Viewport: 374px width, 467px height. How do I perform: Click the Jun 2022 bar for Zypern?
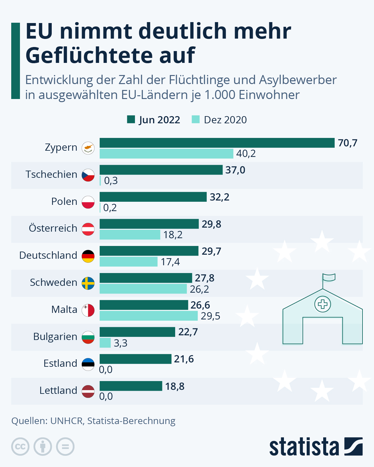click(217, 143)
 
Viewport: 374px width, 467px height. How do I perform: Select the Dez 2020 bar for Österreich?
click(130, 235)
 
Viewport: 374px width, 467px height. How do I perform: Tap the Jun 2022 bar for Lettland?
click(131, 386)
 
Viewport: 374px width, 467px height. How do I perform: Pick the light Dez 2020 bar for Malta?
click(149, 316)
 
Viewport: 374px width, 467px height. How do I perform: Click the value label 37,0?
click(235, 170)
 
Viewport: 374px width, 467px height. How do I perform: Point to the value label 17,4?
click(170, 262)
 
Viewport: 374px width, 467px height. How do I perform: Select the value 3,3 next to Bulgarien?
click(121, 343)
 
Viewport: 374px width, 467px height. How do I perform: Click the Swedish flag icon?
click(88, 283)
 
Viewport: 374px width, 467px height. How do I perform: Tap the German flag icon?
click(88, 256)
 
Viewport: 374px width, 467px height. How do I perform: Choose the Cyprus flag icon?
click(88, 148)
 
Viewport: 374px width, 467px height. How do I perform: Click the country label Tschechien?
click(51, 174)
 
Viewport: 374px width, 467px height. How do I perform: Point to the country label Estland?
click(60, 363)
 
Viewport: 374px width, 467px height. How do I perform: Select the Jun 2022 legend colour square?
click(131, 120)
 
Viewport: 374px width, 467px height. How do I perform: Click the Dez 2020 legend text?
click(225, 120)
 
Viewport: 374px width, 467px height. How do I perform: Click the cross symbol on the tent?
click(323, 304)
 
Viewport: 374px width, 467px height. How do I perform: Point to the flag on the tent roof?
click(329, 277)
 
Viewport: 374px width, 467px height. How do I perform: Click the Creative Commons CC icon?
click(20, 447)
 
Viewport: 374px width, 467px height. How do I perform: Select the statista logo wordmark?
click(304, 447)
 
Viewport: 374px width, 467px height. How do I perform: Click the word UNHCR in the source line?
click(67, 421)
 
